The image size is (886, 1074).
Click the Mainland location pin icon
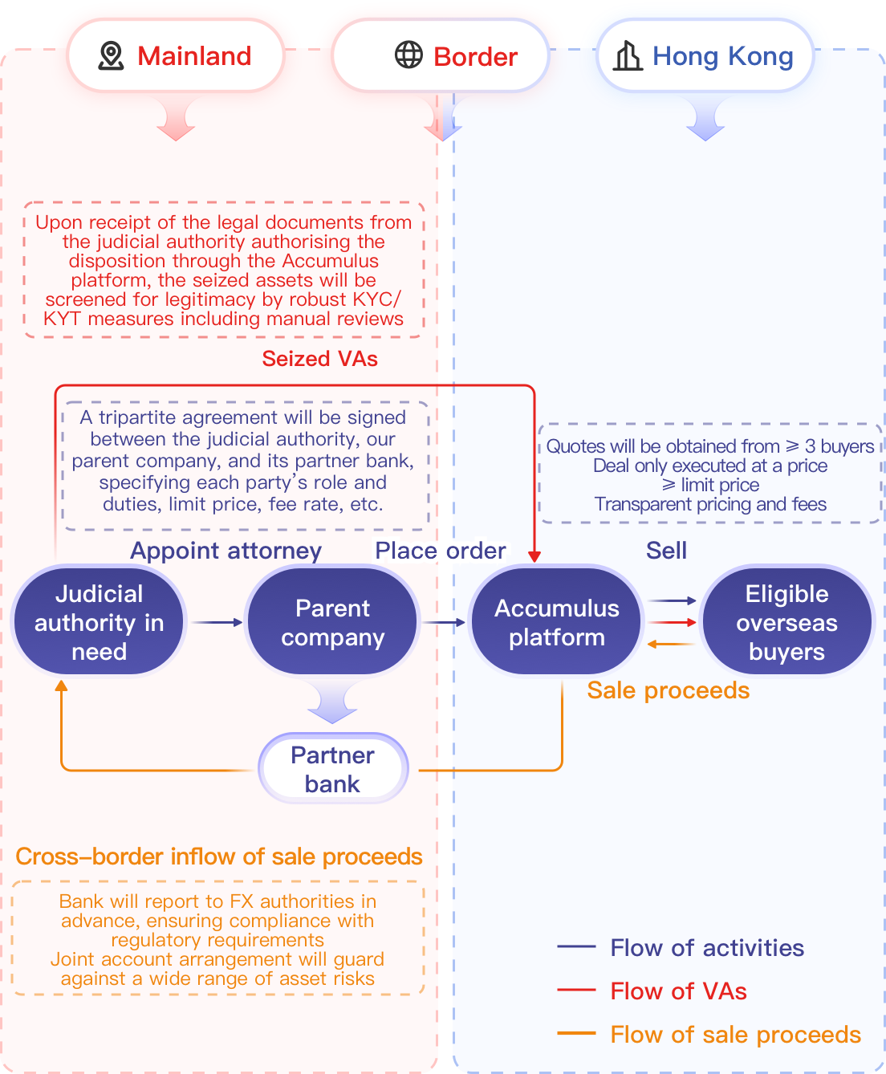click(x=111, y=56)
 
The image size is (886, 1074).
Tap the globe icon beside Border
click(x=408, y=55)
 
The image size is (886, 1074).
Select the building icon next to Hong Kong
click(x=628, y=56)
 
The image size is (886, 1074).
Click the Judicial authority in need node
click(x=99, y=622)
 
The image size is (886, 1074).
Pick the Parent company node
click(x=332, y=622)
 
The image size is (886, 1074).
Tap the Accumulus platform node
click(x=556, y=622)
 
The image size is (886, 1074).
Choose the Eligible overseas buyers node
click(x=786, y=622)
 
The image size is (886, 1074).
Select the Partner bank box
click(x=332, y=769)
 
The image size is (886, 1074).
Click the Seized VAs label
click(x=319, y=359)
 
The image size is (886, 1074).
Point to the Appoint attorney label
click(x=226, y=551)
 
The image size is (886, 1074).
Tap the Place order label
click(x=440, y=551)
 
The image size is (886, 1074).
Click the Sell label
click(x=666, y=551)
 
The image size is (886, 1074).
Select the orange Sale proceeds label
click(x=668, y=690)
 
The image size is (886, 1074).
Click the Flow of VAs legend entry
click(x=678, y=991)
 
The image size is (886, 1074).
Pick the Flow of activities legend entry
click(x=706, y=948)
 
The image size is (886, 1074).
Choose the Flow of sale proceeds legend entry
click(x=735, y=1035)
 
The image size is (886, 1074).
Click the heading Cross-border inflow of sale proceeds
click(x=219, y=856)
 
